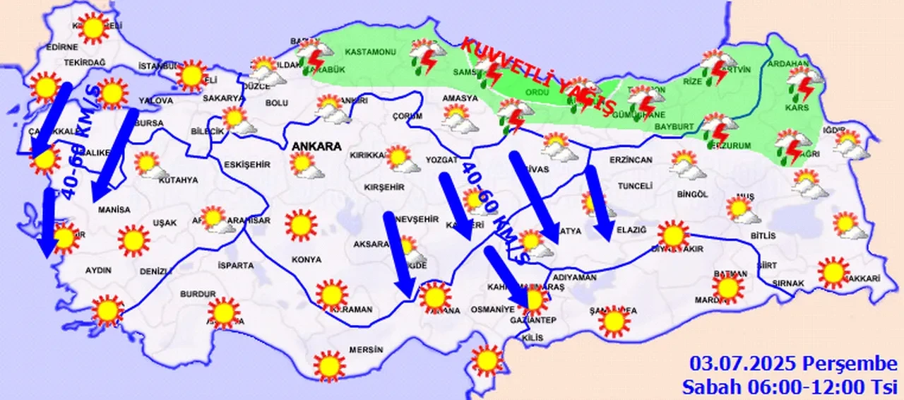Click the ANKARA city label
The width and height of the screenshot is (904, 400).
click(316, 146)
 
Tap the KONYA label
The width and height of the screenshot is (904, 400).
click(305, 259)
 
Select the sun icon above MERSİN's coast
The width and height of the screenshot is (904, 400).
click(328, 365)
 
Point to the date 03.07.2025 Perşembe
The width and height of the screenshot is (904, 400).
click(793, 364)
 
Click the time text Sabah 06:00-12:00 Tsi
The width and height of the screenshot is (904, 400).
click(789, 386)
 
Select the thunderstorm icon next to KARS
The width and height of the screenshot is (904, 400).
click(804, 83)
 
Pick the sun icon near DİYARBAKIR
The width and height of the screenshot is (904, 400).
click(672, 235)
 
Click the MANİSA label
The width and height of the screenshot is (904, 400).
click(114, 210)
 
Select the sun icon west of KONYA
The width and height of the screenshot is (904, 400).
click(301, 225)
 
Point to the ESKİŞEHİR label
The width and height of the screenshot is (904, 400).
click(246, 165)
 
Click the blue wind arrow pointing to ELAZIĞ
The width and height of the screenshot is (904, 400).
click(599, 202)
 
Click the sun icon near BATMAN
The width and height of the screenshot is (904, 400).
click(727, 287)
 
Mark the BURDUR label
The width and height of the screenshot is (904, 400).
click(198, 293)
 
